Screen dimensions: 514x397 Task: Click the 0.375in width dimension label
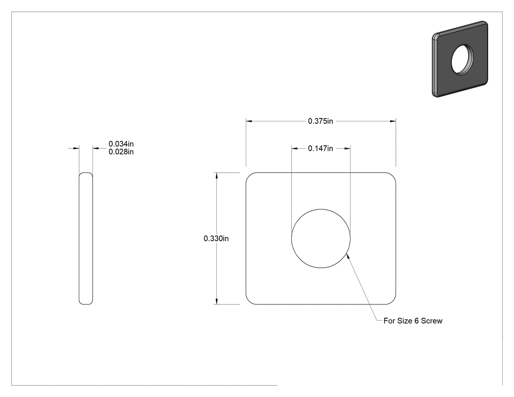tap(320, 121)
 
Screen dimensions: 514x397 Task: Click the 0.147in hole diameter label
tap(320, 148)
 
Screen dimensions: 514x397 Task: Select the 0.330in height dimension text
tap(216, 239)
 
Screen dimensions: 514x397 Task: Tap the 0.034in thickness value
tap(121, 144)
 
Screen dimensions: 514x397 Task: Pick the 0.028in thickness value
tap(121, 152)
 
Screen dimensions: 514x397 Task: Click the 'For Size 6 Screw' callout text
tap(413, 321)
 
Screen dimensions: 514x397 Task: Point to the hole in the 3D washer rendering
tap(462, 60)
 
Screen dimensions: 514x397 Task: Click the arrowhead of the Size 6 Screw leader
tap(348, 256)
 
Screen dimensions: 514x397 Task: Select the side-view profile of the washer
tap(86, 238)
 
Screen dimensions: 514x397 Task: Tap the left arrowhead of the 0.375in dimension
tap(249, 121)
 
